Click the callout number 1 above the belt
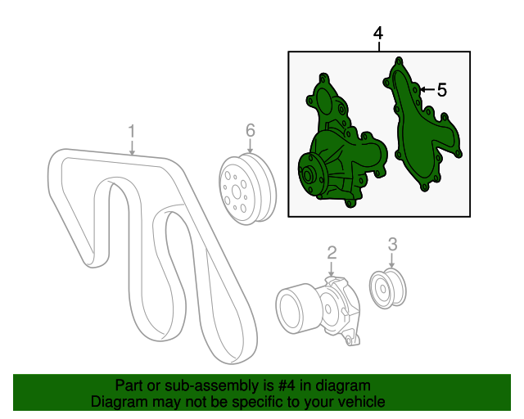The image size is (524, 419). click(132, 131)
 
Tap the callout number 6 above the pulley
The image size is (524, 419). click(251, 130)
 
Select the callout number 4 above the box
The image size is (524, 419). click(378, 34)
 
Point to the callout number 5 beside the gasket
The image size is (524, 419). click(442, 90)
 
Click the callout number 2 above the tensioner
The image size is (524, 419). click(332, 253)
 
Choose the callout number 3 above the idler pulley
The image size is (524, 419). click(393, 244)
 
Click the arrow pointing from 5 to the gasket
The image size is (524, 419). click(427, 89)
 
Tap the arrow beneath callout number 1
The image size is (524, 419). click(133, 147)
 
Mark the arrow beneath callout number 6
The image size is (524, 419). click(250, 146)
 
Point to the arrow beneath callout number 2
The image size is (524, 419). click(331, 268)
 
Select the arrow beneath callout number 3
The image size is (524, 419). click(392, 260)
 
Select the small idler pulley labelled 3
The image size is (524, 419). click(387, 287)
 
